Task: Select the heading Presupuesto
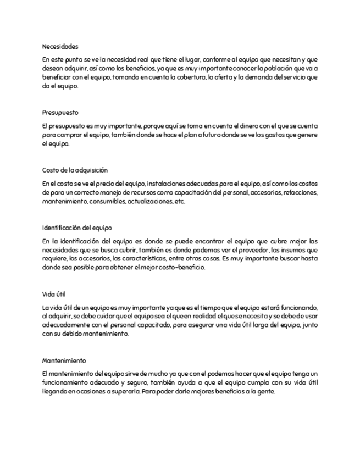click(60, 112)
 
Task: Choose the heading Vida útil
click(54, 293)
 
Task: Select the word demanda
click(264, 78)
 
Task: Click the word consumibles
click(109, 202)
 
